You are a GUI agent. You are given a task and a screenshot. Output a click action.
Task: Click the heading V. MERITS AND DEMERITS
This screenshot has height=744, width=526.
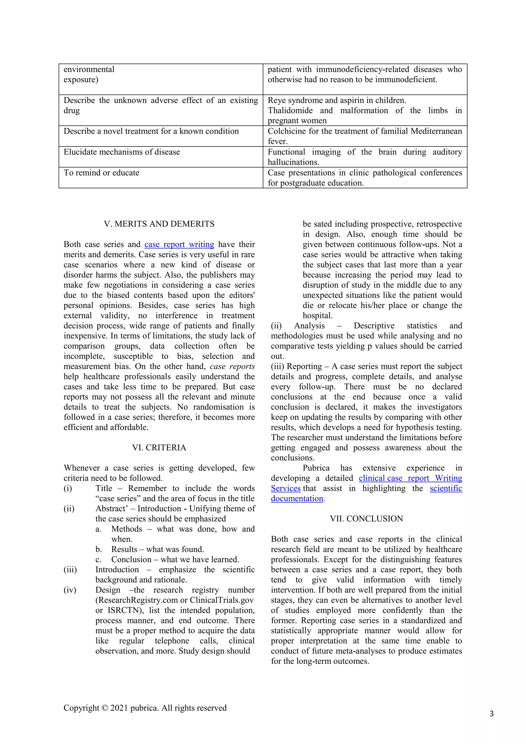tap(159, 224)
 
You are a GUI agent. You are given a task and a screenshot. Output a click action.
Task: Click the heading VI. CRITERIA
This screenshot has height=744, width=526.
tap(159, 448)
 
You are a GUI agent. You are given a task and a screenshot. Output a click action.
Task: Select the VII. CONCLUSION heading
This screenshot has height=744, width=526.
tap(366, 518)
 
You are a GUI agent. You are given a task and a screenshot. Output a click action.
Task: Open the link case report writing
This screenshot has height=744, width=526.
tap(179, 244)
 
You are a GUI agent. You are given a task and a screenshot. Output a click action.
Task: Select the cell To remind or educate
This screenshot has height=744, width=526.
tap(101, 173)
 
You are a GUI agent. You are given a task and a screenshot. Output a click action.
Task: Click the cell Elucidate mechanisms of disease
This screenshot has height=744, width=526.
tap(122, 152)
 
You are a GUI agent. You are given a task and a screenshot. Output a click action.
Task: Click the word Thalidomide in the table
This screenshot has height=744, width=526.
tap(290, 110)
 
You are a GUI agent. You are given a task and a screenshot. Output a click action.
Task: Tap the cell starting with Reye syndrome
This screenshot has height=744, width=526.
tap(337, 100)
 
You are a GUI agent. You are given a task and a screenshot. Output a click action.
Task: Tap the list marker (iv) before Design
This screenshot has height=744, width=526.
tap(70, 590)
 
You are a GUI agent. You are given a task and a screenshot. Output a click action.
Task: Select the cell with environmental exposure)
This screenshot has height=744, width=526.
tap(89, 75)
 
